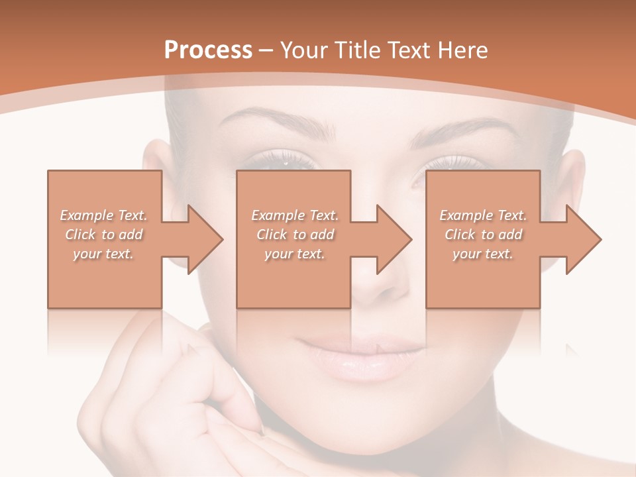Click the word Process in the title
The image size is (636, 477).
pos(207,50)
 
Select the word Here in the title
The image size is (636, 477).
pos(461,50)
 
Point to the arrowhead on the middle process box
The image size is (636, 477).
pos(393,239)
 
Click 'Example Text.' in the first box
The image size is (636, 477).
pos(103,215)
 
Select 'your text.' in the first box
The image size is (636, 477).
pos(103,254)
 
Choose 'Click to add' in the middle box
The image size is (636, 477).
pos(295,235)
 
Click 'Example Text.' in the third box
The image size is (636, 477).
pos(483,215)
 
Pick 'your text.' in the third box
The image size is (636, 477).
pos(483,254)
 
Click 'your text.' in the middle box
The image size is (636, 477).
pos(295,254)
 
